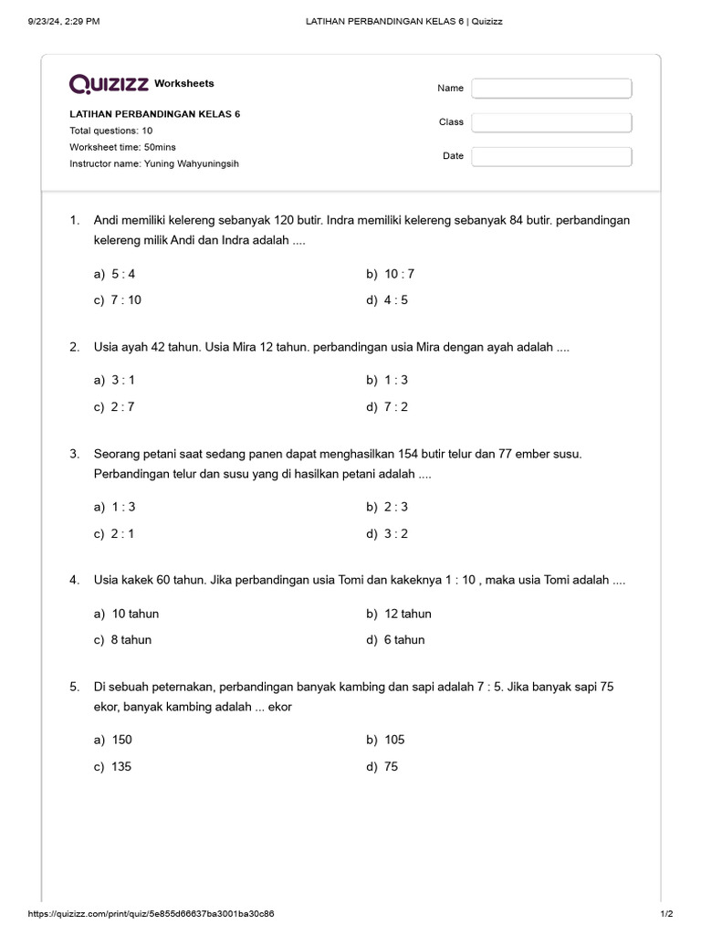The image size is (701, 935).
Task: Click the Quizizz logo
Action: tap(110, 84)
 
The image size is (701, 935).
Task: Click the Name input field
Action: tap(551, 89)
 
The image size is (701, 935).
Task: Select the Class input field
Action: tap(551, 122)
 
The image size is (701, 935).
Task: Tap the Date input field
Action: tap(551, 156)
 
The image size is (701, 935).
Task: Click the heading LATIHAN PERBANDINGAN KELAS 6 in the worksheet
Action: tap(155, 114)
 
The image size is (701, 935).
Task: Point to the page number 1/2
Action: tap(666, 913)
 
